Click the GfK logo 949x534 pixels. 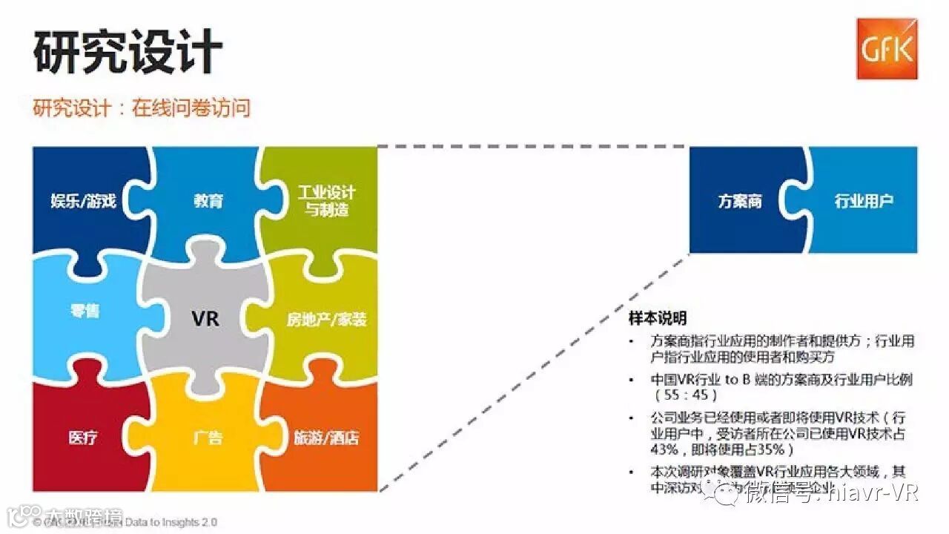pos(887,49)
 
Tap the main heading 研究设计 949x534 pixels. pos(128,52)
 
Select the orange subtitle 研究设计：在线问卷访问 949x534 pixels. pos(142,108)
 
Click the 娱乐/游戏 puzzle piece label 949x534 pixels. pos(84,201)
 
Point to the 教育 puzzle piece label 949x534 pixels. pos(208,201)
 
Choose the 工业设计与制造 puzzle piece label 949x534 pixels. pos(326,201)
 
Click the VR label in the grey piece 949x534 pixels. pos(205,319)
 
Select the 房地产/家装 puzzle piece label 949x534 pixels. pos(327,320)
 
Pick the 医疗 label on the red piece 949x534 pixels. pos(83,438)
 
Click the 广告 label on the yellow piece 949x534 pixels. pos(208,438)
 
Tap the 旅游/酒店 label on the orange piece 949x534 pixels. pos(326,438)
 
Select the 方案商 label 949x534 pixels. pos(740,201)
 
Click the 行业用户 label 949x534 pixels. pos(864,201)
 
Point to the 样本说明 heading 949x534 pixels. pos(657,318)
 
